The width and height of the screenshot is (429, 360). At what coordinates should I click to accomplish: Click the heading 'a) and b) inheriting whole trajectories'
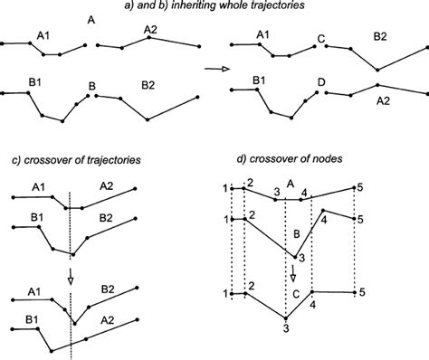214,7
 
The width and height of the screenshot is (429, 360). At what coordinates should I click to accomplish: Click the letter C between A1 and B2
320,38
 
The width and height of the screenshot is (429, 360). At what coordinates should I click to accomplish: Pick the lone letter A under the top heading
91,20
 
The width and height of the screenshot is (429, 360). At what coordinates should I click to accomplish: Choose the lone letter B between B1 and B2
91,88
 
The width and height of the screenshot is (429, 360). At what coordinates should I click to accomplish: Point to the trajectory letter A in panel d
290,183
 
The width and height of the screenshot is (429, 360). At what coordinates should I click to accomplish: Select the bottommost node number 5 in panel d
360,292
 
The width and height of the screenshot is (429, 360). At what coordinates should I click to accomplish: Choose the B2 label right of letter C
381,37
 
